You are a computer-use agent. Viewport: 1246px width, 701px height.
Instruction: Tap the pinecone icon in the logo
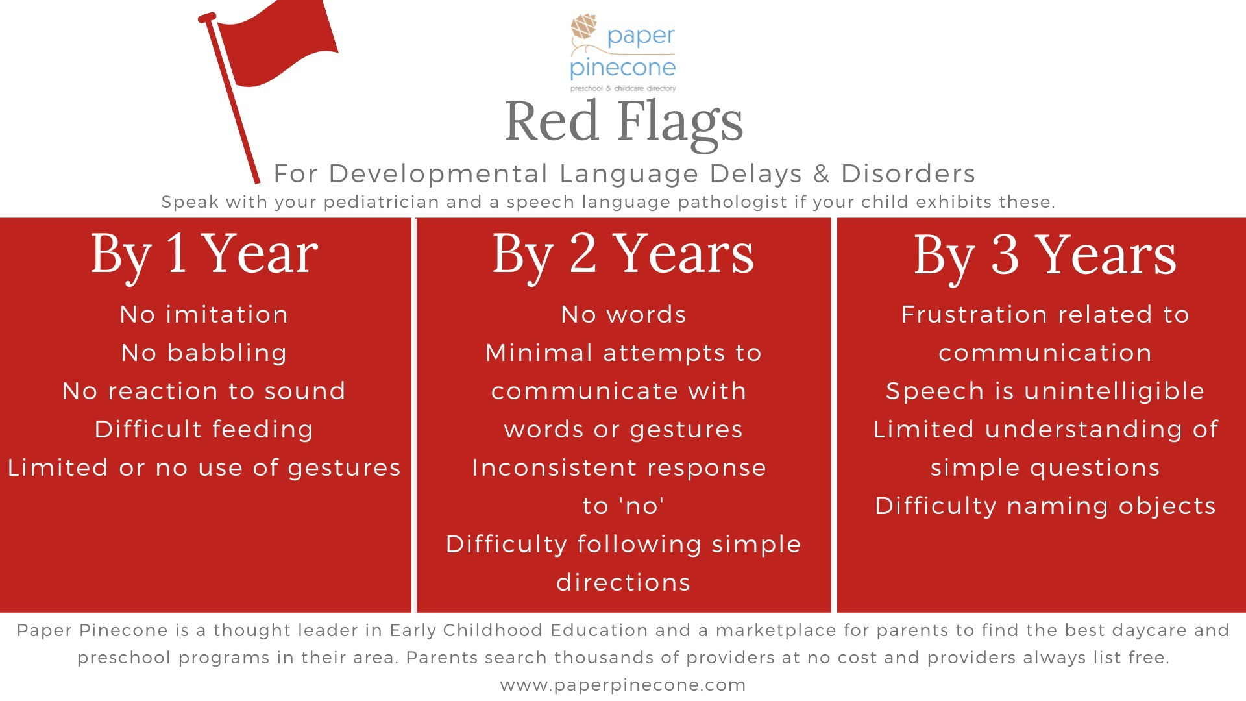tap(584, 28)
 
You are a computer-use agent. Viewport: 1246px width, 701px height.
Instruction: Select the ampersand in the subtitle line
tap(822, 173)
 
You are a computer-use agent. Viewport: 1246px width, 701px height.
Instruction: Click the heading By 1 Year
tap(204, 254)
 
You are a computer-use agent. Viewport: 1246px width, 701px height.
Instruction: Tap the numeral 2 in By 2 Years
tap(583, 253)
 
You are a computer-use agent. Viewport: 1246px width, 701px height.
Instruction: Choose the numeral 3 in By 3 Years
tap(1005, 254)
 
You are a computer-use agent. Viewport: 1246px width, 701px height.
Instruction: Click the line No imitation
tap(204, 314)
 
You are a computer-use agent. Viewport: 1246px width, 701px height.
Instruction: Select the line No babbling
tap(204, 353)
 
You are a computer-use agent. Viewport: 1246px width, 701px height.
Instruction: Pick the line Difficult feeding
tap(204, 430)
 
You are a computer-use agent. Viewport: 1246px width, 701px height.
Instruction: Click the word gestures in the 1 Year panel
tap(345, 469)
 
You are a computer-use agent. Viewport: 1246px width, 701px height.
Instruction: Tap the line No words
tap(624, 314)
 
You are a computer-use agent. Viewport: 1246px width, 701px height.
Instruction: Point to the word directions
tap(624, 582)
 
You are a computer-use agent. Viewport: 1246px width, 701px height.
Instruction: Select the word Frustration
tap(974, 314)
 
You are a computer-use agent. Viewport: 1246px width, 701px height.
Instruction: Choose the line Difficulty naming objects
tap(1045, 506)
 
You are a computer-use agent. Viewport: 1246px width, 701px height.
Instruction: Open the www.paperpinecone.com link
tap(623, 685)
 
